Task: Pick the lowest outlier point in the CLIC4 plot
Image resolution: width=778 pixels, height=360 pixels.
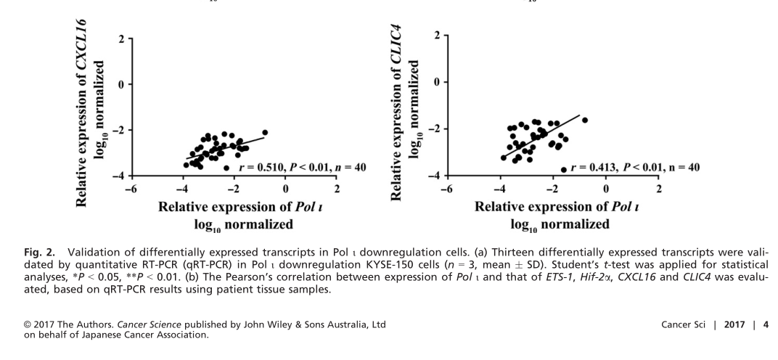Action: point(564,170)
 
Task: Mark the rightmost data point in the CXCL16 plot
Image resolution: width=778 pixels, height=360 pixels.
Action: point(265,132)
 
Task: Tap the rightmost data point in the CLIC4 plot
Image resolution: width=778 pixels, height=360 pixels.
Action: point(585,120)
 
